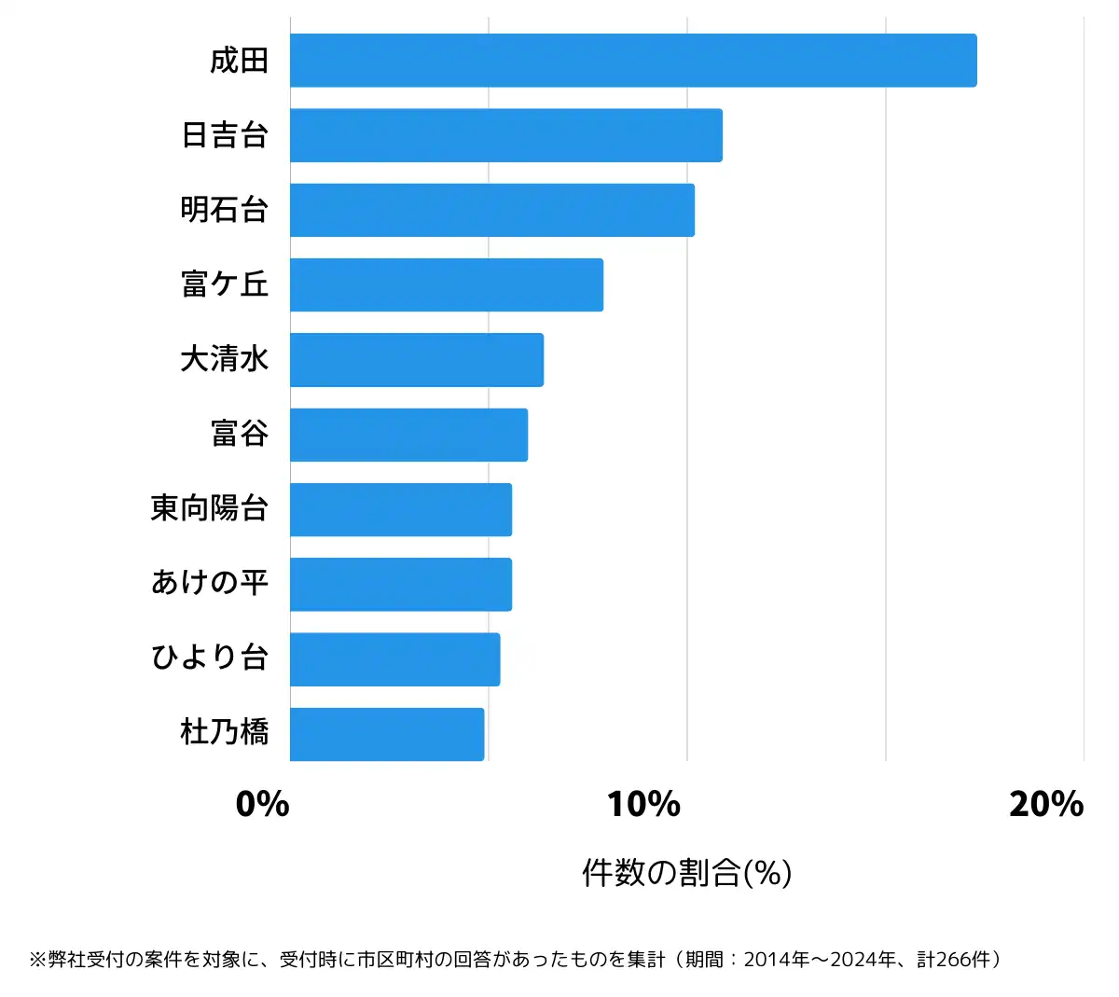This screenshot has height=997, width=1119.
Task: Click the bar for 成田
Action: (633, 61)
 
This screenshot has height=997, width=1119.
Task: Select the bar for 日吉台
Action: (506, 135)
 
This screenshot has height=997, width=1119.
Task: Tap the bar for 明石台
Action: (492, 210)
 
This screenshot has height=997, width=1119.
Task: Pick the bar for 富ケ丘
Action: (447, 284)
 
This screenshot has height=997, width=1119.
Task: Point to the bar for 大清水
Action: (417, 360)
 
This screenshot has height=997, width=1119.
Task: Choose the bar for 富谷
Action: (408, 435)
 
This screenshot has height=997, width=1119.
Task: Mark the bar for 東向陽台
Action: (401, 509)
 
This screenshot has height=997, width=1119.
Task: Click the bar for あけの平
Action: (401, 584)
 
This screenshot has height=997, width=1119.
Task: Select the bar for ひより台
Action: (394, 659)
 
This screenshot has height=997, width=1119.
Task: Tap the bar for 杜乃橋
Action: (387, 734)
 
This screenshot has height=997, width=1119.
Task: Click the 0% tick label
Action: (262, 804)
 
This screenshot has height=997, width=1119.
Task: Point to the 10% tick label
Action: (643, 804)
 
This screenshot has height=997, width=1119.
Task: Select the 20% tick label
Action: (1046, 804)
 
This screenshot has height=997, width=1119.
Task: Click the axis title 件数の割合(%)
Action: (687, 873)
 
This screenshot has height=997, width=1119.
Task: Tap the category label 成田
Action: (240, 61)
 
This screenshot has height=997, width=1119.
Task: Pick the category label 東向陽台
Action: (210, 508)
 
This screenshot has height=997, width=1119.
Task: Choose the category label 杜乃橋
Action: (225, 732)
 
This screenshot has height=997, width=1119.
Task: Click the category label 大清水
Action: (225, 359)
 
